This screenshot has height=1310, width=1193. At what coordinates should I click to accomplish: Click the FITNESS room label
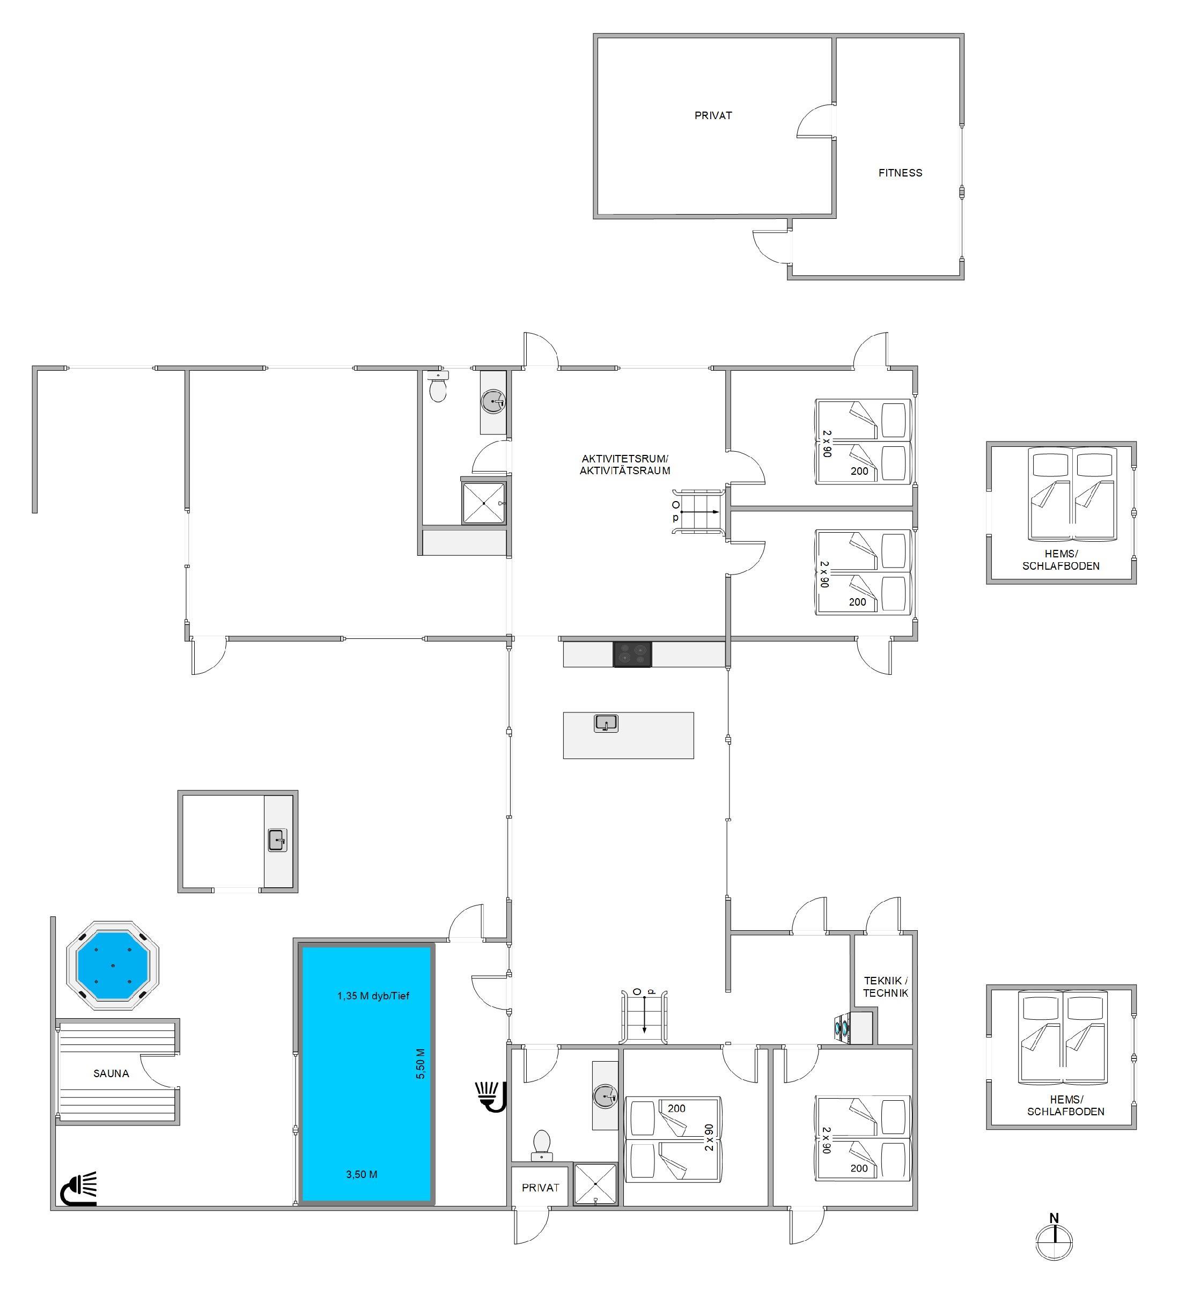pos(900,173)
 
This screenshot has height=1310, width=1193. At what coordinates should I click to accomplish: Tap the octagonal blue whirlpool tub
pos(113,965)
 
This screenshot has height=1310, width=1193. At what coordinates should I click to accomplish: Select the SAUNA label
pos(111,1073)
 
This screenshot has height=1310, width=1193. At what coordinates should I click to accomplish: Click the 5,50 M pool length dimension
pos(421,1064)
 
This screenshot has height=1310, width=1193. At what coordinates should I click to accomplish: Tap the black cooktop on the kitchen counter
pos(632,654)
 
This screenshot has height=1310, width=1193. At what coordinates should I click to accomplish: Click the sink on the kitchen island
pos(606,723)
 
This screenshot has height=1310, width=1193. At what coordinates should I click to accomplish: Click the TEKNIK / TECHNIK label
pos(885,987)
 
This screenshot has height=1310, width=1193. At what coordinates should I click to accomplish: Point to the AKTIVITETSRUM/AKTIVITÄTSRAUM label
pos(624,465)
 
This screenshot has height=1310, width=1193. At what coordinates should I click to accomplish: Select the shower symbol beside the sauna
pos(79,1189)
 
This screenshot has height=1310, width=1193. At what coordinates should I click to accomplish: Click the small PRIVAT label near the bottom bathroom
pos(540,1188)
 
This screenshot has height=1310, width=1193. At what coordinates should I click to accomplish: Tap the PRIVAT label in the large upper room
pos(713,116)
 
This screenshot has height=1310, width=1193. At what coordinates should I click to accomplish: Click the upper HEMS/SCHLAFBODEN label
pos(1061,560)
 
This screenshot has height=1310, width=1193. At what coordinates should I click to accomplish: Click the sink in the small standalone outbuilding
pos(277,840)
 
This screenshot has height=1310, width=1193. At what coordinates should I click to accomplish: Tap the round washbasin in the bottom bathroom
pos(605,1097)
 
